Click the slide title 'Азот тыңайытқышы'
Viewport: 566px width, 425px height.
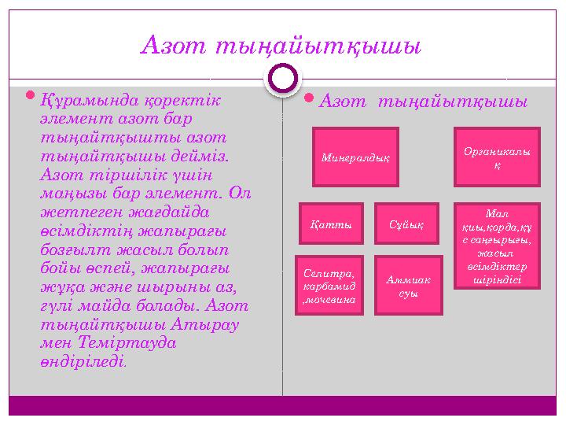281,45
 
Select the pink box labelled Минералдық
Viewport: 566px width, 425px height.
355,157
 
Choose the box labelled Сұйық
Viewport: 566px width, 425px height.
406,224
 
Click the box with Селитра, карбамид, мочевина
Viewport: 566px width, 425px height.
329,285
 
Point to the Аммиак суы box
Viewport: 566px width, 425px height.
406,285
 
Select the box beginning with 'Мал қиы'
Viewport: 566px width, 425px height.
497,246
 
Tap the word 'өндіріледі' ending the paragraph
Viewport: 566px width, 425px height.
81,361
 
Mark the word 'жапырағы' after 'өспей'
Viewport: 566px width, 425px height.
193,268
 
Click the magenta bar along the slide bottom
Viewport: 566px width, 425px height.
282,405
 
